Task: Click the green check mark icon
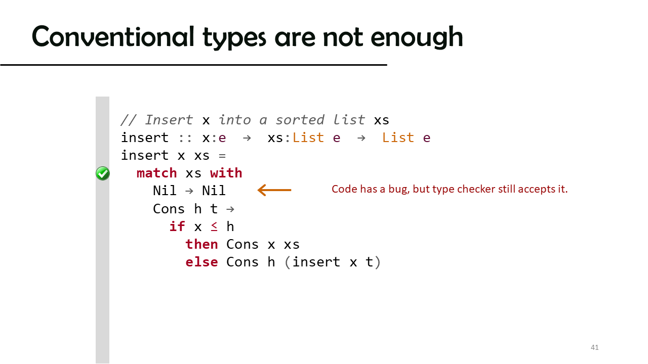click(103, 173)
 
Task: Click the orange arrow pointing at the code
click(274, 190)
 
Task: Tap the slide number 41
click(594, 347)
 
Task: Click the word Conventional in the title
click(113, 37)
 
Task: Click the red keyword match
click(156, 173)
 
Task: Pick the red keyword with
click(226, 173)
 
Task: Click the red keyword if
click(177, 226)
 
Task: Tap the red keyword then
click(201, 244)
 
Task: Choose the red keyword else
click(201, 262)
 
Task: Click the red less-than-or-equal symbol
click(214, 227)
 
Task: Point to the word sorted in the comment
click(300, 120)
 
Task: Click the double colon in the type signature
click(185, 138)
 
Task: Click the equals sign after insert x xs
click(222, 156)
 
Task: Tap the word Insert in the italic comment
click(169, 120)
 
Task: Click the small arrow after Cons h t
click(230, 209)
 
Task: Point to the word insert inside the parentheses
click(316, 262)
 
